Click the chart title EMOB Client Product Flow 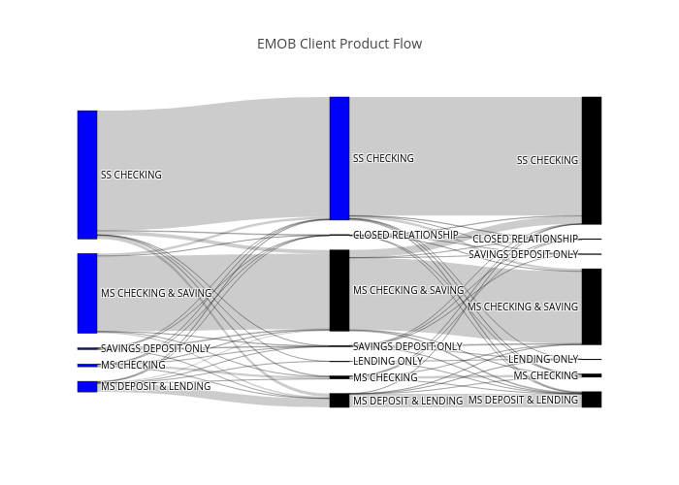pos(339,44)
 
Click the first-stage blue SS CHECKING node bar pos(87,175)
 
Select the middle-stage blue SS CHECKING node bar pos(339,158)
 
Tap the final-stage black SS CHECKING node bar pos(592,160)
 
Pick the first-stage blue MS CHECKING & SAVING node pos(87,293)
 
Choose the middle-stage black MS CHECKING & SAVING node pos(339,290)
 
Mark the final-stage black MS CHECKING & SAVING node pos(592,307)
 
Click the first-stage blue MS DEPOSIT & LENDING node pos(87,386)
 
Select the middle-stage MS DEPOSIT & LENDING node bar pos(339,401)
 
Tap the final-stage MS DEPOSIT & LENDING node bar pos(592,400)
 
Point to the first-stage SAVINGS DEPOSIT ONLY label pos(155,348)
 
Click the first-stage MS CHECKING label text pos(133,366)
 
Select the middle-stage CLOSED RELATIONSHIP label pos(405,235)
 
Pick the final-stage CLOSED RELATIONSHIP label pos(525,239)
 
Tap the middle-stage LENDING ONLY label pos(388,361)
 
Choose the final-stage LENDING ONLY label pos(543,360)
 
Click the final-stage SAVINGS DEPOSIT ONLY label pos(523,254)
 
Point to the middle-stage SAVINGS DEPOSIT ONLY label pos(407,346)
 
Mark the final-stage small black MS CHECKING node pos(592,375)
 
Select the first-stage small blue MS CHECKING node pos(87,366)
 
